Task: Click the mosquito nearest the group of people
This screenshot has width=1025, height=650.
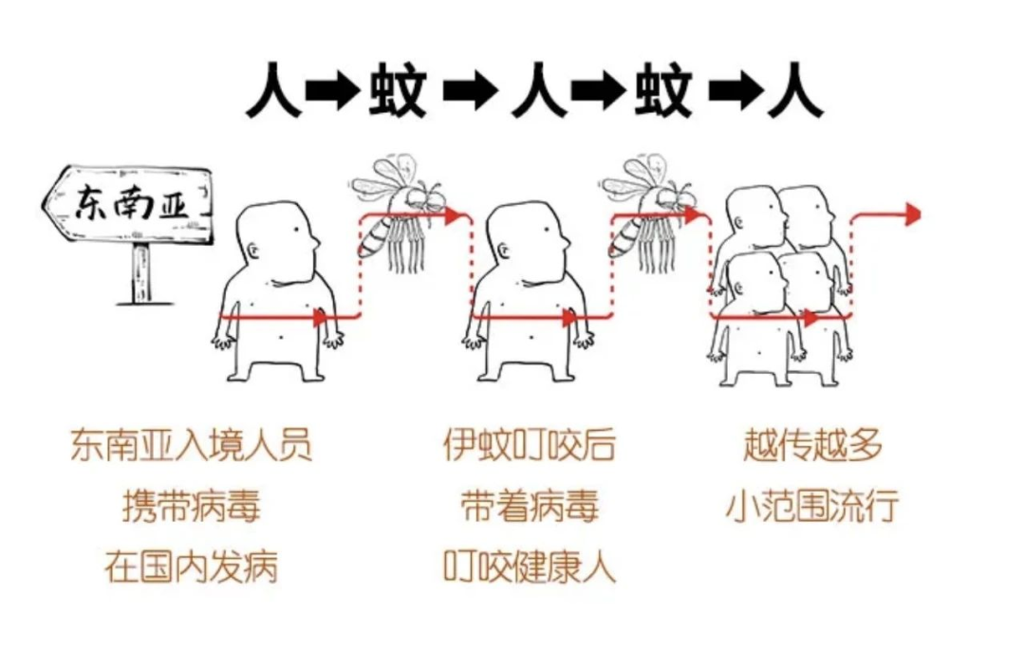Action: point(650,214)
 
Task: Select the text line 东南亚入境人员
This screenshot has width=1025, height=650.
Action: point(191,444)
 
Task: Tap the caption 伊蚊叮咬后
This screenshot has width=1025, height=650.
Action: point(529,444)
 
